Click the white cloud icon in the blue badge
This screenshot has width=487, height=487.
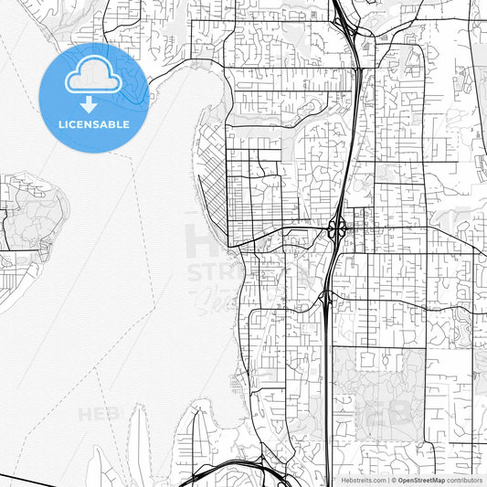click(x=93, y=80)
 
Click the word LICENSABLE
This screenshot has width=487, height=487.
click(x=93, y=124)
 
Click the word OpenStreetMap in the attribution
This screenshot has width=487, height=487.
click(x=422, y=480)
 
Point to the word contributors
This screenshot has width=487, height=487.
click(x=465, y=480)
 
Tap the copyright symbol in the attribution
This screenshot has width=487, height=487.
click(x=394, y=480)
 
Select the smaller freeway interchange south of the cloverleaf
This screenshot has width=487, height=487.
click(x=327, y=298)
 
